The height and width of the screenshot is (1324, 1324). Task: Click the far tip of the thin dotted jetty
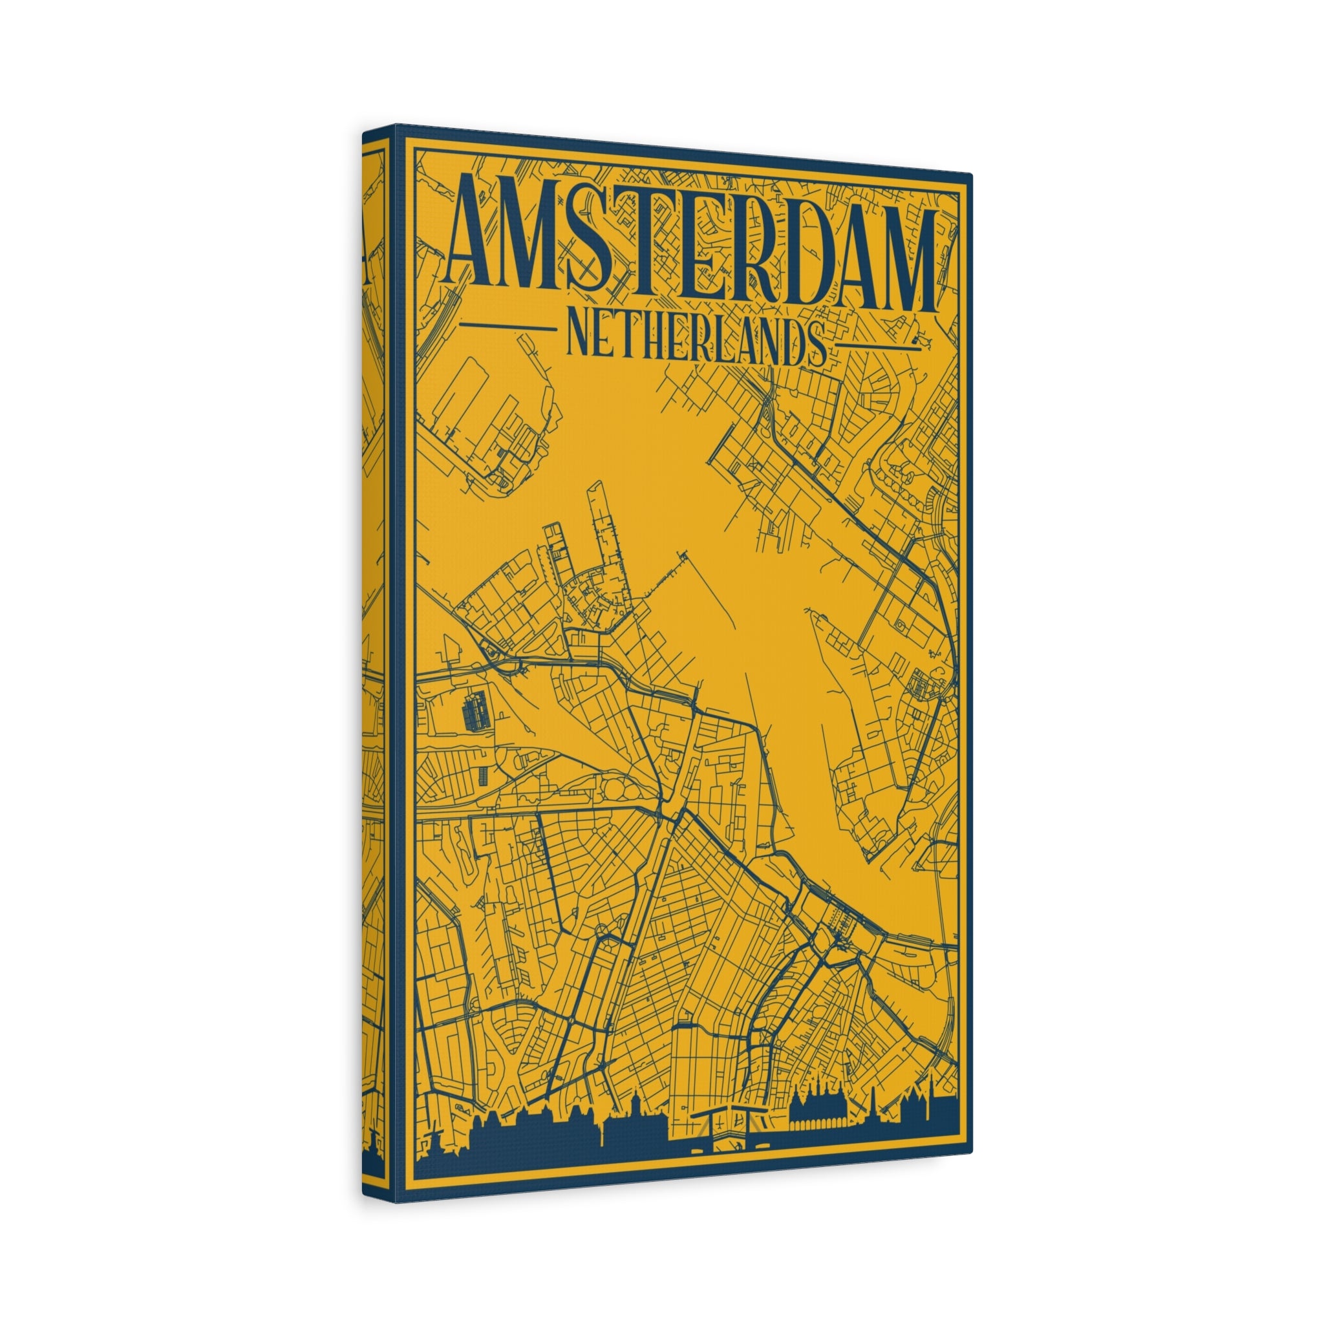(684, 552)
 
